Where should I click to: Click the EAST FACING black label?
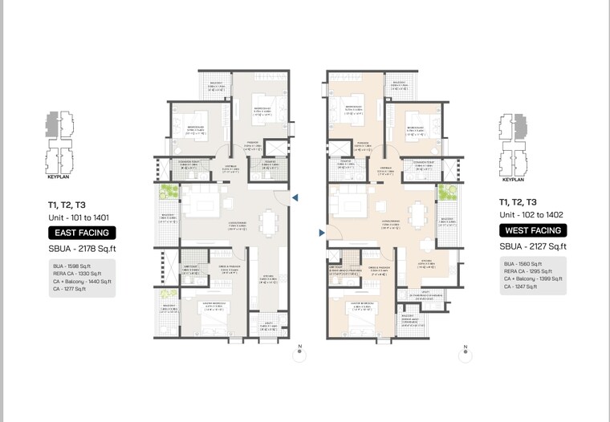82,233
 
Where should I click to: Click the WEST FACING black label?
533,230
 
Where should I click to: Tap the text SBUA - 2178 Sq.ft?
82,249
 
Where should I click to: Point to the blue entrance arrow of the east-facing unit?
295,197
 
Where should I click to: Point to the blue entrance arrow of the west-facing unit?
322,233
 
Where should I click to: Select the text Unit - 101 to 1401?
79,217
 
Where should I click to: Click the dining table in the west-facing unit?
417,214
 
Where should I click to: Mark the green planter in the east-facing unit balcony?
168,193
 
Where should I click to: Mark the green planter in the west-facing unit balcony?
444,193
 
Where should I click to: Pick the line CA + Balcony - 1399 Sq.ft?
533,278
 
